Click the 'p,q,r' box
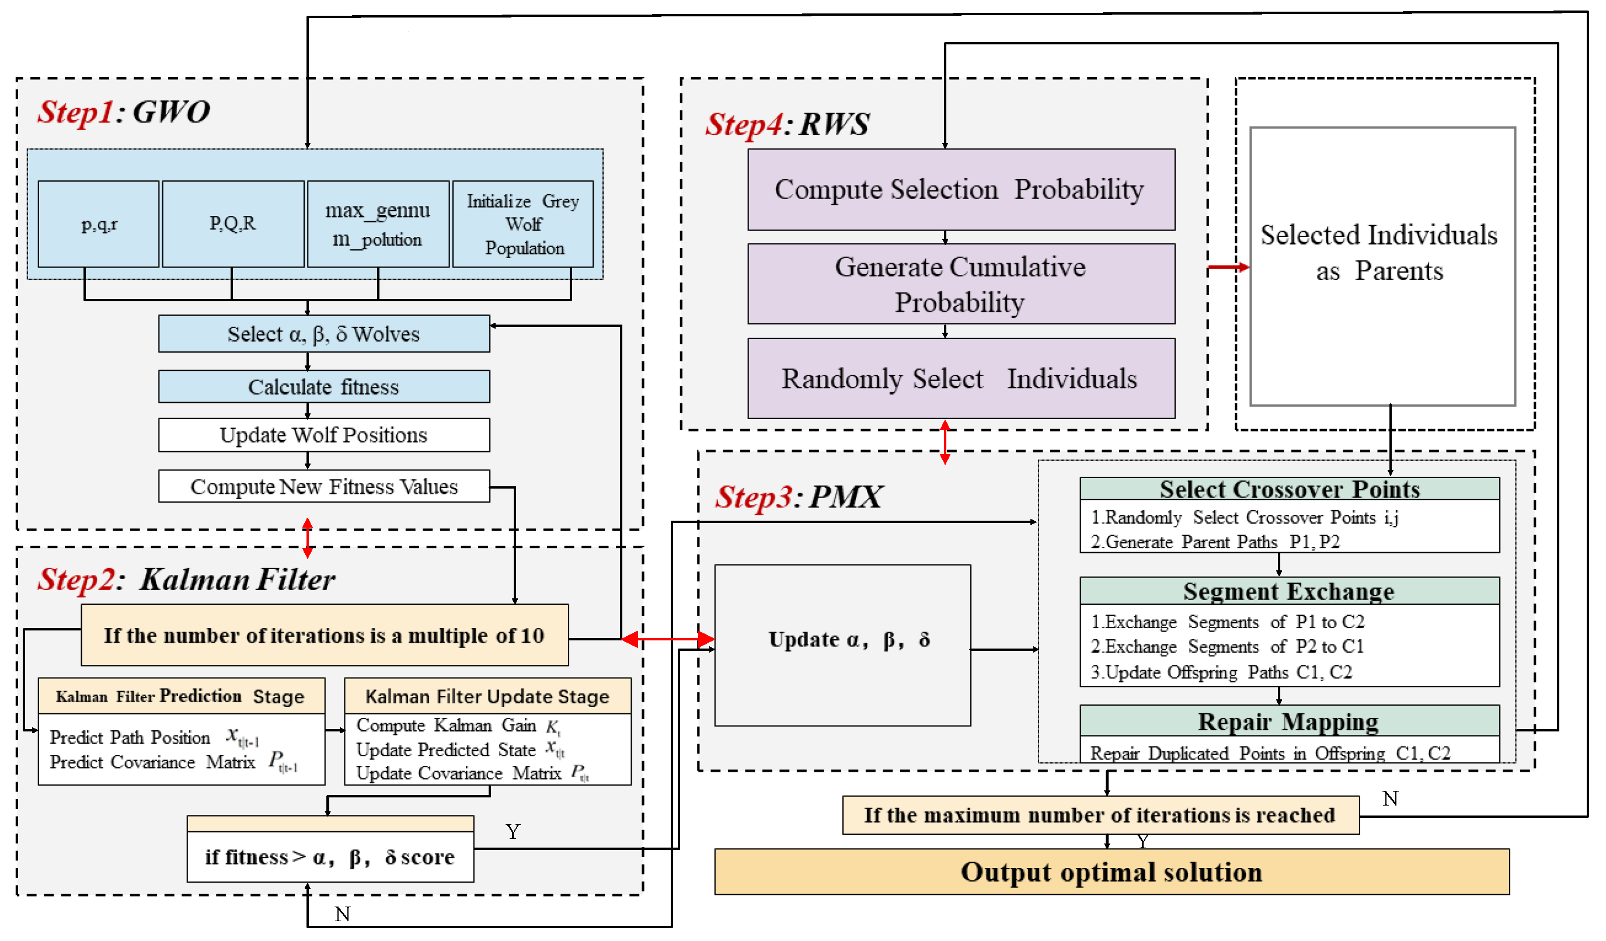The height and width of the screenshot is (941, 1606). point(98,224)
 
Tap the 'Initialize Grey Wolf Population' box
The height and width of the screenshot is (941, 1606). point(522,224)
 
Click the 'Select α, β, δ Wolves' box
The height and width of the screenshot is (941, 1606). point(324,333)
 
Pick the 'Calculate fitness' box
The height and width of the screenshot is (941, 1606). point(324,386)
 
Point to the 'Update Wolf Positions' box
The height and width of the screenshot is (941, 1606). point(324,434)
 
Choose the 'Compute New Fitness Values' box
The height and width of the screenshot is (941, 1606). point(324,486)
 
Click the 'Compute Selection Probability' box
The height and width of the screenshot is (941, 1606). point(961,189)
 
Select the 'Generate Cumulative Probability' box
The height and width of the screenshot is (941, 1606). point(961,284)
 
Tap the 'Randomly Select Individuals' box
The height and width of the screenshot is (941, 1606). point(961,378)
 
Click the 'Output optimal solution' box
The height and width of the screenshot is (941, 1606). point(1112,872)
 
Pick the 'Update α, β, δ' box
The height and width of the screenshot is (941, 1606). point(842,644)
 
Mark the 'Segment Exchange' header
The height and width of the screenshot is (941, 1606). point(1289,591)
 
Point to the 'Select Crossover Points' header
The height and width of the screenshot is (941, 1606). point(1289,489)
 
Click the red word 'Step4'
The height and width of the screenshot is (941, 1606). point(743,124)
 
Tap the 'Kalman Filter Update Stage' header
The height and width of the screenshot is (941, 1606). point(487,696)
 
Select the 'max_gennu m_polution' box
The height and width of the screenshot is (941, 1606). point(378,224)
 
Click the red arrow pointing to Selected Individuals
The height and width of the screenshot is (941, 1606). point(1229,267)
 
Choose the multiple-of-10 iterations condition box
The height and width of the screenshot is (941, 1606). point(325,635)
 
